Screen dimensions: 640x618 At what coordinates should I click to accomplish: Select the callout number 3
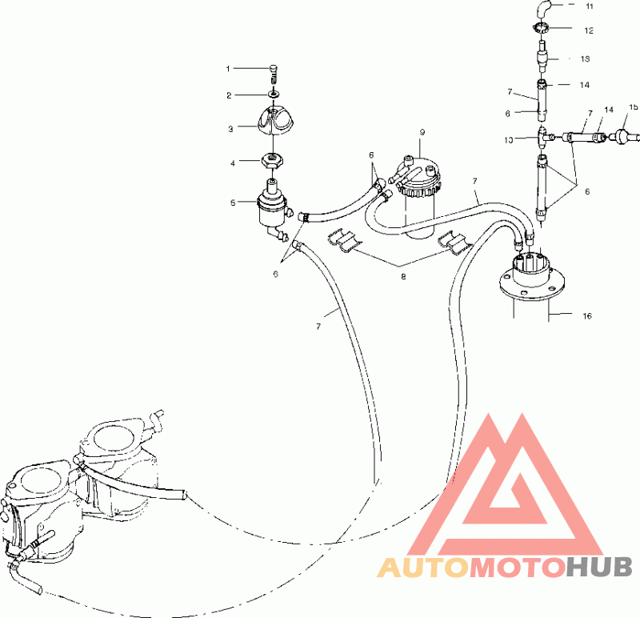click(x=229, y=126)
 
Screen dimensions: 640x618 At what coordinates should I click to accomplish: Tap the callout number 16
click(x=586, y=316)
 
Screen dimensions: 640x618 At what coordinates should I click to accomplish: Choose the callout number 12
click(x=589, y=30)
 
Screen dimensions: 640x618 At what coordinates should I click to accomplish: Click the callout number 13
click(x=586, y=58)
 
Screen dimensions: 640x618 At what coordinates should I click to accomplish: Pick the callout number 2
click(x=229, y=95)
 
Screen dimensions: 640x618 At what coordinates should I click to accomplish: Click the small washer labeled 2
click(x=274, y=94)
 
